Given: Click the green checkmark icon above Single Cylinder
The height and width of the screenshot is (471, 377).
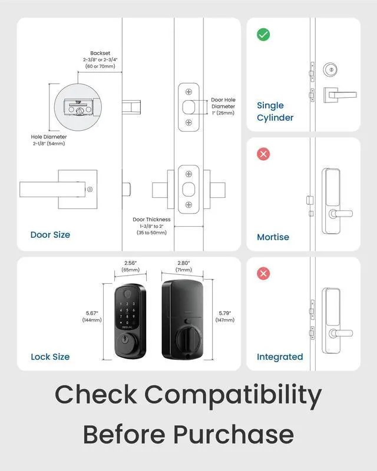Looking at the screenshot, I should (263, 35).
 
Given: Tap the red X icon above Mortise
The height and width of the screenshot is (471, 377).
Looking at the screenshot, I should (263, 154).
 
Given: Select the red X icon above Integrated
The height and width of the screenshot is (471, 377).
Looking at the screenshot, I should (263, 274).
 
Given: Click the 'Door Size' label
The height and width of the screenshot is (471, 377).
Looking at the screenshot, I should (50, 235).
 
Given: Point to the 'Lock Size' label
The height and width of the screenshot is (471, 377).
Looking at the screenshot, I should (50, 357).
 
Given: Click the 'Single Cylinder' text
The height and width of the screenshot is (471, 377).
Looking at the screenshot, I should (275, 111).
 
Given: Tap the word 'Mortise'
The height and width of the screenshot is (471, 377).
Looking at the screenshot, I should (273, 237).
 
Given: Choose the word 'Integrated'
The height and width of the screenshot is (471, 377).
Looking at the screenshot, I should (280, 357).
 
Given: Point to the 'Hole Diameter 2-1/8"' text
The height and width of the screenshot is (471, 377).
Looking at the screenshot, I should (49, 141).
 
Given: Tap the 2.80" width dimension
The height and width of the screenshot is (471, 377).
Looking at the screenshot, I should (184, 266).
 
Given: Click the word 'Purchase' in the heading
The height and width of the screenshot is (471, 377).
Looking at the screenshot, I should (233, 435).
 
